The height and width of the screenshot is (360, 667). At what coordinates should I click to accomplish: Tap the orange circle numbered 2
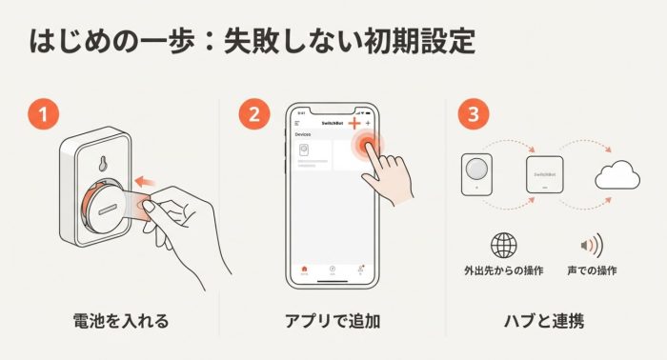pyautogui.click(x=253, y=114)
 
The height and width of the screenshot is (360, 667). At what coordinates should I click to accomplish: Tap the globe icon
pyautogui.click(x=503, y=246)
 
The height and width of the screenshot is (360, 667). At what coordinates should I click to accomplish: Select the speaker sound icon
pyautogui.click(x=592, y=246)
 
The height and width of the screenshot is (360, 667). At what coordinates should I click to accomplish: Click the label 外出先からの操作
pyautogui.click(x=503, y=271)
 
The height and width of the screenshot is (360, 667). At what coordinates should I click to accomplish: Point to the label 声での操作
pyautogui.click(x=592, y=271)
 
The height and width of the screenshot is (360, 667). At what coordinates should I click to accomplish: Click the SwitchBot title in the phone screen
pyautogui.click(x=333, y=125)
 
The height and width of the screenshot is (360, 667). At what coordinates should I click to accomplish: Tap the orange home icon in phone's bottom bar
pyautogui.click(x=304, y=270)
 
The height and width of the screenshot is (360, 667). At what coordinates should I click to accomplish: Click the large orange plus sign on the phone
pyautogui.click(x=354, y=124)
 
